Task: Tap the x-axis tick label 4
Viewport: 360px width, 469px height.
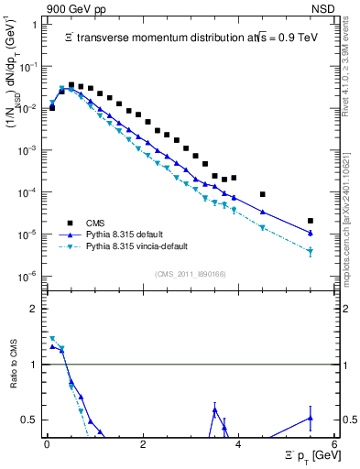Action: (x=238, y=444)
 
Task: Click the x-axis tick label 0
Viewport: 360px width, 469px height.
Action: (x=47, y=444)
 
